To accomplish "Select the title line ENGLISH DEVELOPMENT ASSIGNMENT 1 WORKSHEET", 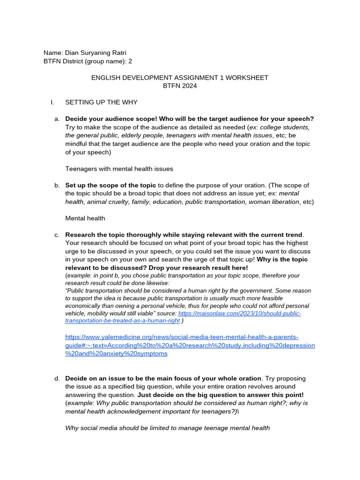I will click(x=180, y=77).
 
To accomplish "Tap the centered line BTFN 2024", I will click(x=180, y=86).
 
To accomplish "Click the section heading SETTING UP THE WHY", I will click(x=101, y=102).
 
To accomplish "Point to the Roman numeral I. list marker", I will click(x=52, y=102).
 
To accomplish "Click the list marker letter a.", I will click(x=57, y=119).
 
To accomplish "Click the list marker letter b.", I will click(x=57, y=185).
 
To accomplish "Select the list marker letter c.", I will click(x=57, y=234).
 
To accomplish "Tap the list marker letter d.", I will click(x=57, y=378).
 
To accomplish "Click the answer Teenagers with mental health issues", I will click(x=119, y=169).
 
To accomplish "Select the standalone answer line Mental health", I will click(x=85, y=218).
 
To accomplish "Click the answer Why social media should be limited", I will click(x=167, y=427).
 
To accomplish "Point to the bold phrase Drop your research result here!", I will click(x=198, y=267).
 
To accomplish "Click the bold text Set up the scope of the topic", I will click(x=110, y=185).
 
